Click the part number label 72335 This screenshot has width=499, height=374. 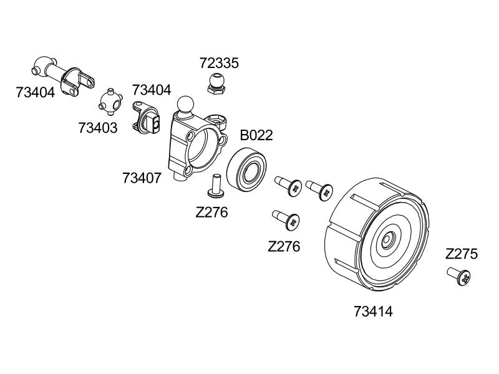(219, 63)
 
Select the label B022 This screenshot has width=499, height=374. (257, 135)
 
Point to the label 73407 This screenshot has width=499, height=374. (142, 178)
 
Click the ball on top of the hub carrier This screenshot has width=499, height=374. (185, 103)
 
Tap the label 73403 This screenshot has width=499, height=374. (98, 127)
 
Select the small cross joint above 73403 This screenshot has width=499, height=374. (110, 102)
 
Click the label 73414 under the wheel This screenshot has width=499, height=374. (373, 310)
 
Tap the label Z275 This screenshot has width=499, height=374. (462, 254)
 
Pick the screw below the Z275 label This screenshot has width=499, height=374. (460, 277)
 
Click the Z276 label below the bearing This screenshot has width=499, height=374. (211, 212)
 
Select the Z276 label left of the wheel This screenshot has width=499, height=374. (284, 246)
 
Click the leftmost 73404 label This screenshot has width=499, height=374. (36, 93)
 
